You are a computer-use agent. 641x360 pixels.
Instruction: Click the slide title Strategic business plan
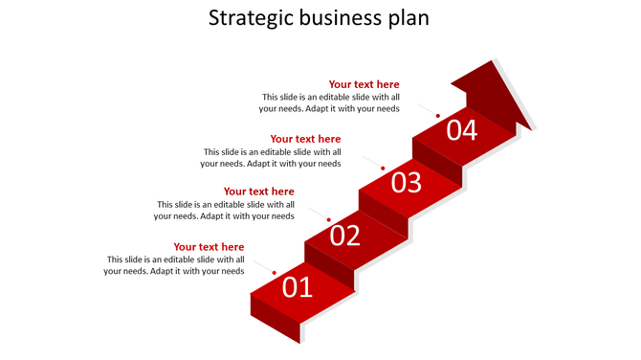tap(320, 18)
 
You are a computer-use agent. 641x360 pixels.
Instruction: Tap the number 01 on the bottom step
tap(298, 286)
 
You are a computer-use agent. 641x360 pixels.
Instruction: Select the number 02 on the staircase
tap(345, 235)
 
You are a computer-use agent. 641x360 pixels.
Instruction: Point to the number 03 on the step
tap(406, 182)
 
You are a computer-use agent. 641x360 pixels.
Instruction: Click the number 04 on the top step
tap(461, 129)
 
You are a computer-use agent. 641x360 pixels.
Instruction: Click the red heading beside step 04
tap(365, 84)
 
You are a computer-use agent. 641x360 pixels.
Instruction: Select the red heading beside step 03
tap(305, 139)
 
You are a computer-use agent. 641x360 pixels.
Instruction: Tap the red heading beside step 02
tap(258, 191)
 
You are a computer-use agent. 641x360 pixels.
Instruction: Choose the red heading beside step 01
tap(209, 247)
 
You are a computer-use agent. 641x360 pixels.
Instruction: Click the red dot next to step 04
tap(438, 116)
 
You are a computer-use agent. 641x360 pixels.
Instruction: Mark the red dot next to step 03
tap(383, 169)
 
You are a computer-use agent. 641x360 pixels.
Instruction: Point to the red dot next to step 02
tap(329, 220)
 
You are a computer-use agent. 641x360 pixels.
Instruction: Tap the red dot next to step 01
tap(275, 274)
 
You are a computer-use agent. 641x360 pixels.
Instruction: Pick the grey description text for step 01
tap(174, 265)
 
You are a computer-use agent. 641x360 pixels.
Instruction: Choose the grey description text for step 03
tap(272, 157)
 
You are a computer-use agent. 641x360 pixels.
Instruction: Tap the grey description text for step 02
tap(224, 210)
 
